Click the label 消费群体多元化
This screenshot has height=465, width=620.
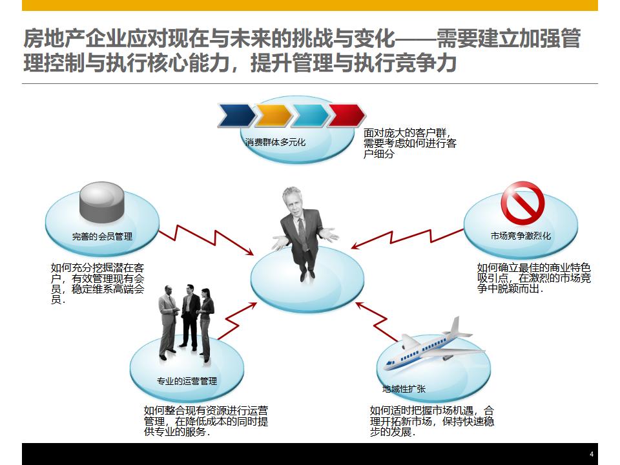coord(276,142)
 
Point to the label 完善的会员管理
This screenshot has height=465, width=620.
coord(102,236)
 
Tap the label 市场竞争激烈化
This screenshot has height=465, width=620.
coord(521,236)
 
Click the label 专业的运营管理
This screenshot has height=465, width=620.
coord(187,380)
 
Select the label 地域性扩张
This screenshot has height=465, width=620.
coord(404,389)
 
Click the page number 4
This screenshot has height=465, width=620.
coord(591,454)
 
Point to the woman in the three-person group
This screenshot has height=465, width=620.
coord(206,323)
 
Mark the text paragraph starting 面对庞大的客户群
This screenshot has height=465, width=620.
coord(409,143)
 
